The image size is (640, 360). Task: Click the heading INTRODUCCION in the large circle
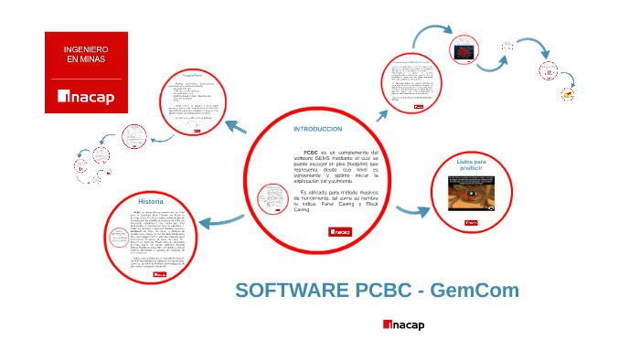(x=316, y=130)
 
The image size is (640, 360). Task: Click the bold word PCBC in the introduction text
(x=309, y=152)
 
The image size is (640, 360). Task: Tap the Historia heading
(x=151, y=201)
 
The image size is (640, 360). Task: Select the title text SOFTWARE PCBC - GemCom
(x=377, y=291)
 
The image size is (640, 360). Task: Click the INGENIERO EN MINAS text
(x=86, y=53)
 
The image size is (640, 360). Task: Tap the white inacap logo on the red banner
(x=86, y=97)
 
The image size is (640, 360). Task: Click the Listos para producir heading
(x=472, y=165)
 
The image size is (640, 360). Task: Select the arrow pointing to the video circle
(x=412, y=212)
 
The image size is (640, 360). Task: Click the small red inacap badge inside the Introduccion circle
(x=340, y=232)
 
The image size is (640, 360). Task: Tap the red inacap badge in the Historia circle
(x=160, y=273)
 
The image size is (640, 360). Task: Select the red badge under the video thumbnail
(x=472, y=223)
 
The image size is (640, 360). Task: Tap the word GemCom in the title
(x=475, y=291)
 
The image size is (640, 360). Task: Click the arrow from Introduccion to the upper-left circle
(x=230, y=127)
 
